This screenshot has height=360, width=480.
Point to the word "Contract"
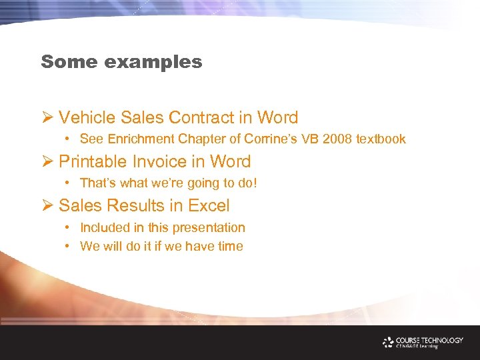point(201,118)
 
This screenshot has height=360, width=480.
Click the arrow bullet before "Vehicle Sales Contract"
point(47,118)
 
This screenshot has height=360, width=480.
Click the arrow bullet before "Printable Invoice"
point(47,162)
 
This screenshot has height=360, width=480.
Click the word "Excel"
point(209,205)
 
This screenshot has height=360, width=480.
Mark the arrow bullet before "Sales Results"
point(47,205)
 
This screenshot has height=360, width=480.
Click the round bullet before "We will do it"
point(69,246)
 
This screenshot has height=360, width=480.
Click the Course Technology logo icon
point(389,342)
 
